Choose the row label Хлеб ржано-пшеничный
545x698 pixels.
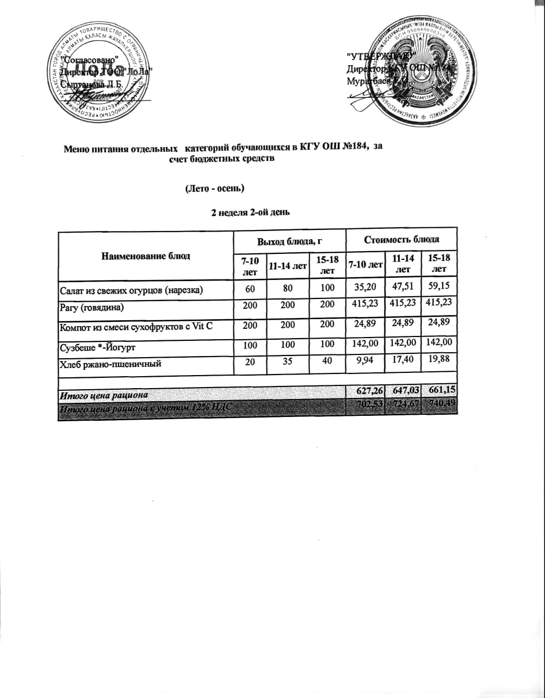click(110, 363)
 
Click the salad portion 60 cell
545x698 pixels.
click(250, 289)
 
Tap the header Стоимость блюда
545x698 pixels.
click(401, 239)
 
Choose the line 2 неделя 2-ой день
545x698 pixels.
click(250, 212)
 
